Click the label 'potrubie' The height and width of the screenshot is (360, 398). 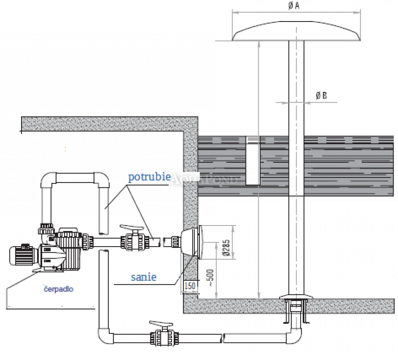point(149,177)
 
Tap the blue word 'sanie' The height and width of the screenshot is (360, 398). point(144,277)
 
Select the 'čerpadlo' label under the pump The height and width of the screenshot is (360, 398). point(58,289)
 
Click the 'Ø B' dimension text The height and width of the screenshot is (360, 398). point(322,95)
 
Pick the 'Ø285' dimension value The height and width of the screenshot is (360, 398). point(226,247)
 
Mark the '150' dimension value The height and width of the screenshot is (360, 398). point(190,286)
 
